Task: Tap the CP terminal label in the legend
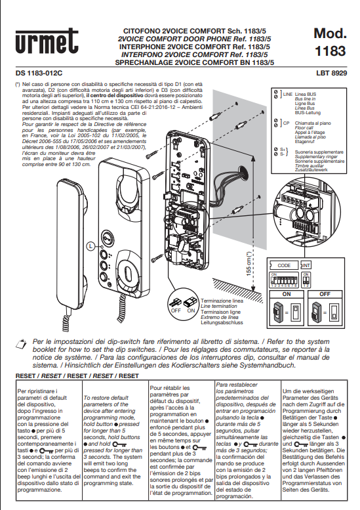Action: (x=287, y=122)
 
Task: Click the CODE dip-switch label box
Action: (x=285, y=265)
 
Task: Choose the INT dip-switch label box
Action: (x=306, y=265)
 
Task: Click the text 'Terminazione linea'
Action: (x=222, y=301)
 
